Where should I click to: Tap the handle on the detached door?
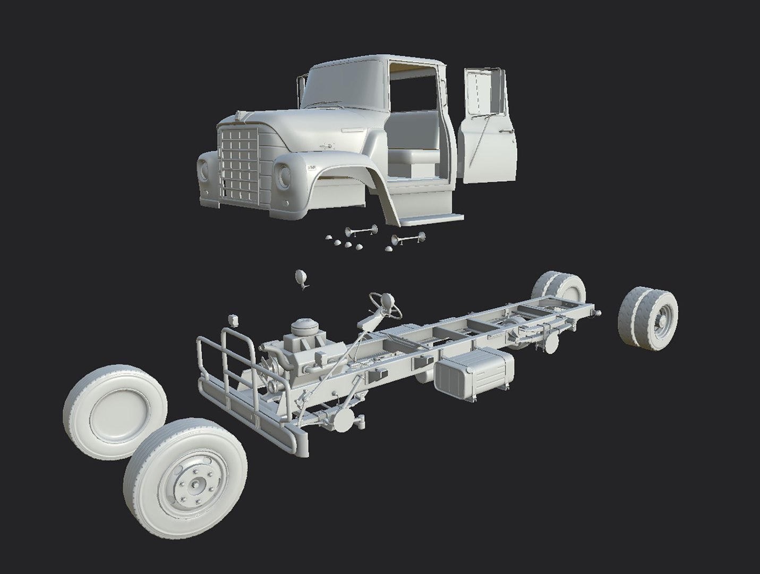509,130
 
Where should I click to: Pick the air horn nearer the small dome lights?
360,231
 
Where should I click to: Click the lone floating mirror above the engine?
301,278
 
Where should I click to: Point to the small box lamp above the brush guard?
232,320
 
